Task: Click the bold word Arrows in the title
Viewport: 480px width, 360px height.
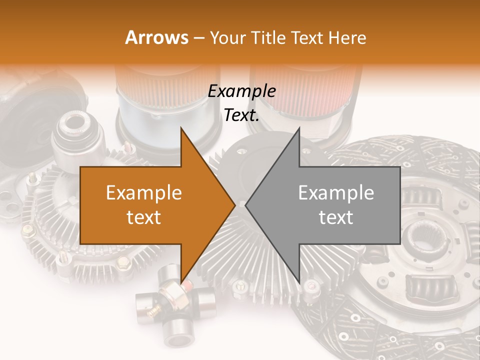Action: (156, 37)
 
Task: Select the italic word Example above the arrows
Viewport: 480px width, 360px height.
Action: (242, 91)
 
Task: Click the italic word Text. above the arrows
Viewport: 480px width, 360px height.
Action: (241, 115)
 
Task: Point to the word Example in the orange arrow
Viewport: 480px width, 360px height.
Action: (144, 193)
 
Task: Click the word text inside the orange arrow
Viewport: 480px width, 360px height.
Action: (144, 217)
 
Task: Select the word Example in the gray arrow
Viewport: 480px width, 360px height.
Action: (336, 193)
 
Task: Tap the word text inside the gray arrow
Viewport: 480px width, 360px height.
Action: (336, 217)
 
